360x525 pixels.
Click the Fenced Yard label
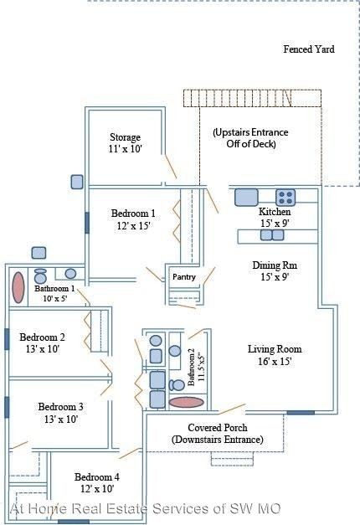pyautogui.click(x=309, y=49)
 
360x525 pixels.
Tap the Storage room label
pyautogui.click(x=126, y=137)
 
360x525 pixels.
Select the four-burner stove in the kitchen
pyautogui.click(x=285, y=198)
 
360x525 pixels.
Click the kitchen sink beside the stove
pyautogui.click(x=246, y=198)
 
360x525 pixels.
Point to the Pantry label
pyautogui.click(x=184, y=277)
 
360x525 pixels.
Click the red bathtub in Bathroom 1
pyautogui.click(x=18, y=287)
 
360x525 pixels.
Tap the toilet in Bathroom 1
pyautogui.click(x=40, y=275)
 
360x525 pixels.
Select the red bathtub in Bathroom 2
pyautogui.click(x=186, y=402)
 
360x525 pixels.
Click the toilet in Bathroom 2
pyautogui.click(x=177, y=385)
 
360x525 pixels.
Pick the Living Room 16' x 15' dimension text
pyautogui.click(x=275, y=362)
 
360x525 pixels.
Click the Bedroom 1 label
pyautogui.click(x=133, y=214)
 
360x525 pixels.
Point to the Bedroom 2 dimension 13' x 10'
pyautogui.click(x=43, y=349)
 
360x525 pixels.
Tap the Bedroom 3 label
pyautogui.click(x=60, y=407)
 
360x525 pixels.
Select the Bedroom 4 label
pyautogui.click(x=97, y=476)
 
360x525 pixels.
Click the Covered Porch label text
pyautogui.click(x=218, y=428)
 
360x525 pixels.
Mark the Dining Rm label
pyautogui.click(x=275, y=265)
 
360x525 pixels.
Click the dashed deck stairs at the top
pyautogui.click(x=252, y=98)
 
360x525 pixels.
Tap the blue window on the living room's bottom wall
pyautogui.click(x=301, y=413)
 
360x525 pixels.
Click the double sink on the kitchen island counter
pyautogui.click(x=272, y=235)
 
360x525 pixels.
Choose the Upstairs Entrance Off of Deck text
pyautogui.click(x=251, y=138)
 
